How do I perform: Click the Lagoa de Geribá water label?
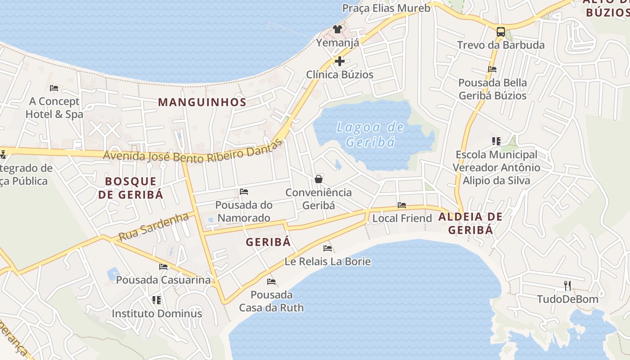click(x=370, y=135)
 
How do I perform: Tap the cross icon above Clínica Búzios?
click(x=340, y=61)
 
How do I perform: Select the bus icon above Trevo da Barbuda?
click(x=500, y=31)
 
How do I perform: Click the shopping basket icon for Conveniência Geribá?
click(x=319, y=179)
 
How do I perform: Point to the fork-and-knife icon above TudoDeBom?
click(x=567, y=285)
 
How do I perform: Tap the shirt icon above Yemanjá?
click(x=337, y=29)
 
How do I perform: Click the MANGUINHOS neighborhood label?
click(x=202, y=102)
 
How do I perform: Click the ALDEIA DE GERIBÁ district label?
click(x=470, y=223)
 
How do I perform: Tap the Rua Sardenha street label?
click(x=153, y=227)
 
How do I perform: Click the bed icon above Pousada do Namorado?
click(x=244, y=192)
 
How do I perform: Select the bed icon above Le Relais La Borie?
click(x=328, y=248)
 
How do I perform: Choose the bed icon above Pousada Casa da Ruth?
click(x=271, y=282)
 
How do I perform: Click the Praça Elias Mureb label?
click(x=386, y=8)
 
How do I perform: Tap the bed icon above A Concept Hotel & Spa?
click(x=54, y=88)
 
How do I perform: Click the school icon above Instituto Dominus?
click(x=157, y=300)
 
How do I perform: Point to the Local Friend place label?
click(x=402, y=218)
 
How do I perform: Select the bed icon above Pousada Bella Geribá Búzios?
click(x=492, y=69)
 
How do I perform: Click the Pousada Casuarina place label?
click(x=163, y=280)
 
